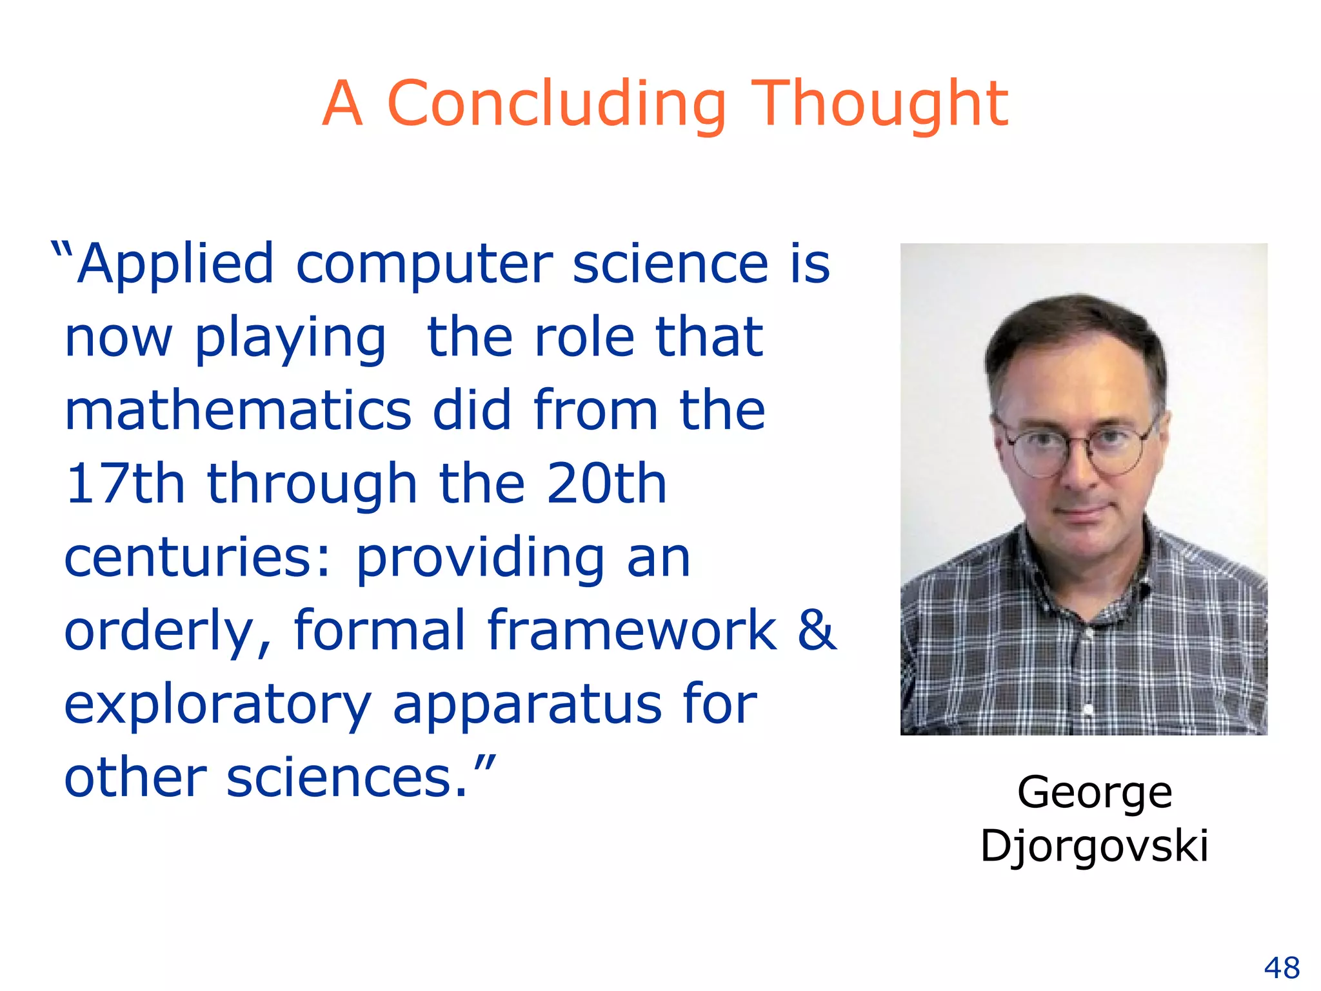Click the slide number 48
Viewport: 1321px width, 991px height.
click(1282, 968)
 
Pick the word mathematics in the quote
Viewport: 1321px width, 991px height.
click(237, 410)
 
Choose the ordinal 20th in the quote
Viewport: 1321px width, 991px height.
click(606, 484)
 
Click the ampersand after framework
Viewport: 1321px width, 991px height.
click(817, 630)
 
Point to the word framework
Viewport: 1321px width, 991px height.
click(632, 630)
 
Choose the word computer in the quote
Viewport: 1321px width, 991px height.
click(424, 265)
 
